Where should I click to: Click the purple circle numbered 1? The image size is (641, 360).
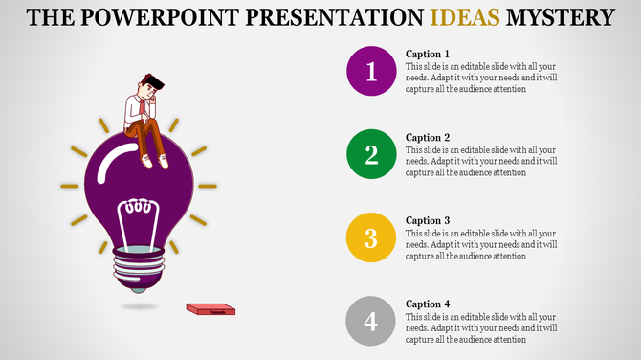pos(372,72)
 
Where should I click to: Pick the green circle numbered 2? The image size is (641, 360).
pos(372,155)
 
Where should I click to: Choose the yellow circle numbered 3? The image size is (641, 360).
pos(372,237)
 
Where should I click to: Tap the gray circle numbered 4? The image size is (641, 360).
pos(372,320)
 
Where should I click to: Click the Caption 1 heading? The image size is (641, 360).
pos(427,55)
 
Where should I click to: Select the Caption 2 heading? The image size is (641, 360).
pos(427,137)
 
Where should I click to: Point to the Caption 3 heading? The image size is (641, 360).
pos(427,220)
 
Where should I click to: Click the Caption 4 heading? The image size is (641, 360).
pos(427,303)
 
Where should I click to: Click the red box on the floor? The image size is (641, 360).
pos(210,308)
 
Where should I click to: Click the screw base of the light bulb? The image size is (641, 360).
pos(140,263)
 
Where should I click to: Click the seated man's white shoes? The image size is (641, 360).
pos(155,161)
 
